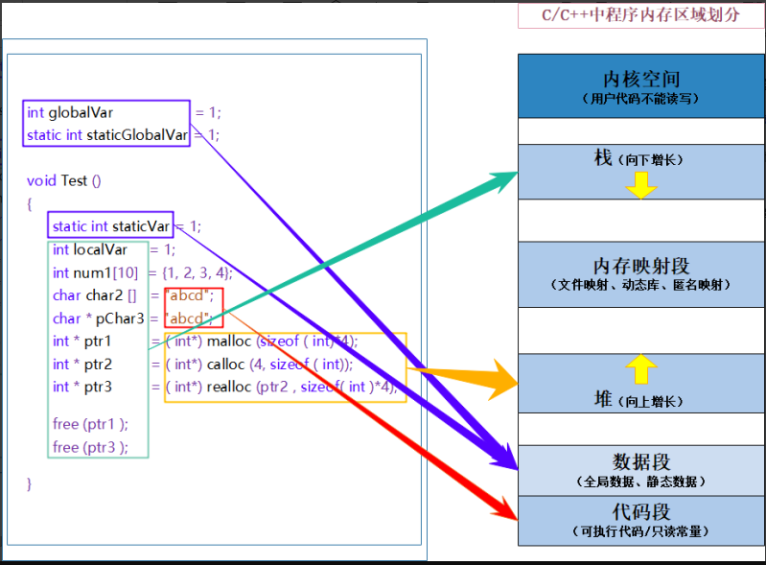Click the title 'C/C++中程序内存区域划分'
coord(641,15)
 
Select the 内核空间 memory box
coord(641,85)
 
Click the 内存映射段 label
coord(641,266)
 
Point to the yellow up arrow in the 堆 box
coord(640,369)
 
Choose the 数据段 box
coord(641,469)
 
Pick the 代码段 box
coord(641,520)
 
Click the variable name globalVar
coord(81,113)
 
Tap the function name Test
coord(74,180)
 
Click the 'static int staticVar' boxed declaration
coord(111,226)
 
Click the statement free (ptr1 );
coord(90,424)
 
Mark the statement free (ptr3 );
coord(90,447)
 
